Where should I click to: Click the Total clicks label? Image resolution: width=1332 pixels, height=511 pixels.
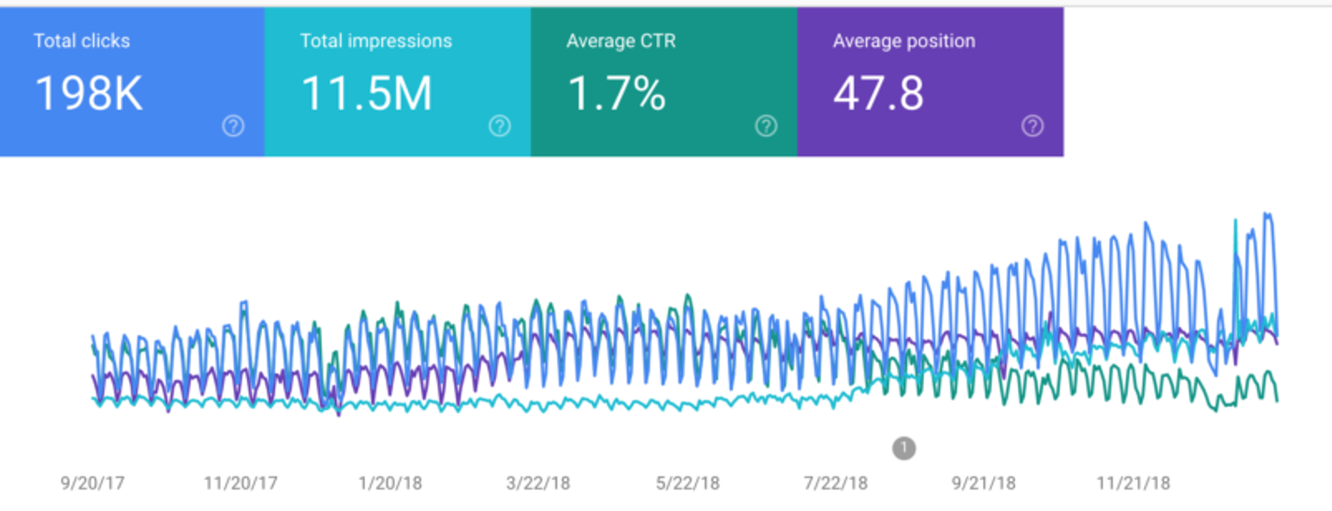(x=81, y=41)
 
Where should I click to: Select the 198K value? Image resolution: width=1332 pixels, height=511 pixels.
(x=88, y=94)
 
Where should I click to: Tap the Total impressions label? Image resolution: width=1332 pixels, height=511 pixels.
(x=375, y=41)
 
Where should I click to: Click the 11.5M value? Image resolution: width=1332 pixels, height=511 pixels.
(x=366, y=94)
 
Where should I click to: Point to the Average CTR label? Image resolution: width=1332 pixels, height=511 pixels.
(x=621, y=41)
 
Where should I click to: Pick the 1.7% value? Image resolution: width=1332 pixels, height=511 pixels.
(x=616, y=94)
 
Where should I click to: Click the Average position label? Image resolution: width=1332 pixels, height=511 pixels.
(x=903, y=41)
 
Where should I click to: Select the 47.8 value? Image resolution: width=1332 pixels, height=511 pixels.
(x=878, y=94)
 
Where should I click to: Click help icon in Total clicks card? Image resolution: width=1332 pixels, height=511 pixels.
(x=233, y=126)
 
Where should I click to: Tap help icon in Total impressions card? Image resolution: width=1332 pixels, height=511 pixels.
(x=500, y=126)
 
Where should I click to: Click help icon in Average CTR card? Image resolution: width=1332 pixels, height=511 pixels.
(x=766, y=126)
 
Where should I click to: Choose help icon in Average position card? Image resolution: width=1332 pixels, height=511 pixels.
(x=1032, y=126)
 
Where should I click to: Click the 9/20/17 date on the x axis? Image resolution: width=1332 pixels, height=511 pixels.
(x=93, y=484)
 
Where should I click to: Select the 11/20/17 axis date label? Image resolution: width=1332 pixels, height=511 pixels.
(x=241, y=484)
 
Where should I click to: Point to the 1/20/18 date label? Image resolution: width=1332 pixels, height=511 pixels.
(x=389, y=484)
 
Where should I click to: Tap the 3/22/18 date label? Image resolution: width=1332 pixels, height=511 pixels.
(x=538, y=484)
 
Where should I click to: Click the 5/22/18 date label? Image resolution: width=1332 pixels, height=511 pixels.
(x=687, y=484)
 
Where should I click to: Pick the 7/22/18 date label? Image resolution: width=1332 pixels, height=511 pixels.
(x=836, y=484)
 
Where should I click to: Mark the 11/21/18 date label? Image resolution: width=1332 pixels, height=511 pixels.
(x=1133, y=484)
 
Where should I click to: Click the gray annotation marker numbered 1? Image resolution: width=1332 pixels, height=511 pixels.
(x=903, y=448)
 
